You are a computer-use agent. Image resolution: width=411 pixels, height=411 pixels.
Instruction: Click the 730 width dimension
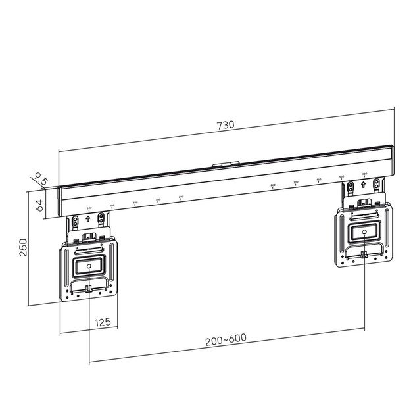point(226,124)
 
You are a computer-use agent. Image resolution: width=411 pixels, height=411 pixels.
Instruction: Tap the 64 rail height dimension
point(39,204)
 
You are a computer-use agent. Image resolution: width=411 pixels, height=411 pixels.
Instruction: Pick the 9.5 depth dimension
point(41,178)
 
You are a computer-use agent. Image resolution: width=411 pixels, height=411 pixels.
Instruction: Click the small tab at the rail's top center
point(226,165)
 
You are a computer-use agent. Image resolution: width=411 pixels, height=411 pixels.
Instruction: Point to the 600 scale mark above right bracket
point(364,175)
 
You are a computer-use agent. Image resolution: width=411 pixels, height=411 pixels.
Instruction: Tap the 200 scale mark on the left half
point(181,197)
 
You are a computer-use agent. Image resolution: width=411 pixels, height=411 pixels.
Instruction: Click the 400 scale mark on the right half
point(319,180)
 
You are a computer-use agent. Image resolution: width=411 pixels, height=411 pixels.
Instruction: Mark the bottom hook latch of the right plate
point(364,255)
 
